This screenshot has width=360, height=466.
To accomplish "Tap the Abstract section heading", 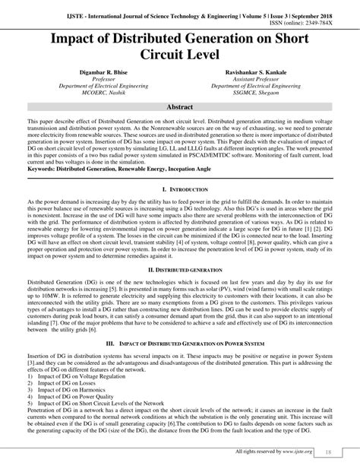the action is [x=180, y=109].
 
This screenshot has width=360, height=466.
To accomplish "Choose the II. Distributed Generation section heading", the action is [x=180, y=269].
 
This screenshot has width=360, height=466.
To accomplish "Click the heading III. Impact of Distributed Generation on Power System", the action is [x=180, y=344].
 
